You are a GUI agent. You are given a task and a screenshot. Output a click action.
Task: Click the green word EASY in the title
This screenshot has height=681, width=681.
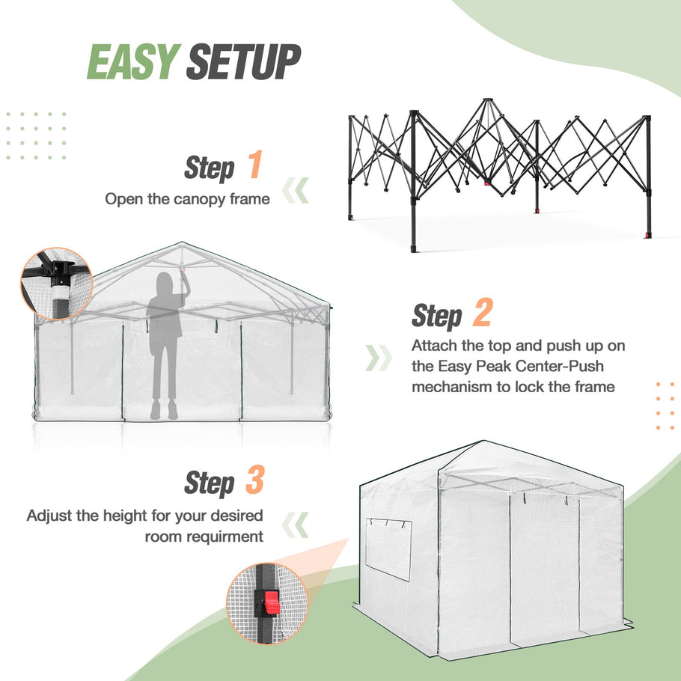133,62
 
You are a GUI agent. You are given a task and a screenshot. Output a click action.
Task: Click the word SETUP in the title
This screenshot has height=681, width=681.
244,62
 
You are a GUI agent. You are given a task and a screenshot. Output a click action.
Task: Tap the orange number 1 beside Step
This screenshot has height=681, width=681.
254,166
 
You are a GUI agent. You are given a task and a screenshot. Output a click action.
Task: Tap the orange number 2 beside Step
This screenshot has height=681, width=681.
481,315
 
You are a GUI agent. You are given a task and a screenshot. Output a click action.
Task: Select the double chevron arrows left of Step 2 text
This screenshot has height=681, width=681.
379,358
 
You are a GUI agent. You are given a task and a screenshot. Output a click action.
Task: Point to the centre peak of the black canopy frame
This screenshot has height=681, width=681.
487,102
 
